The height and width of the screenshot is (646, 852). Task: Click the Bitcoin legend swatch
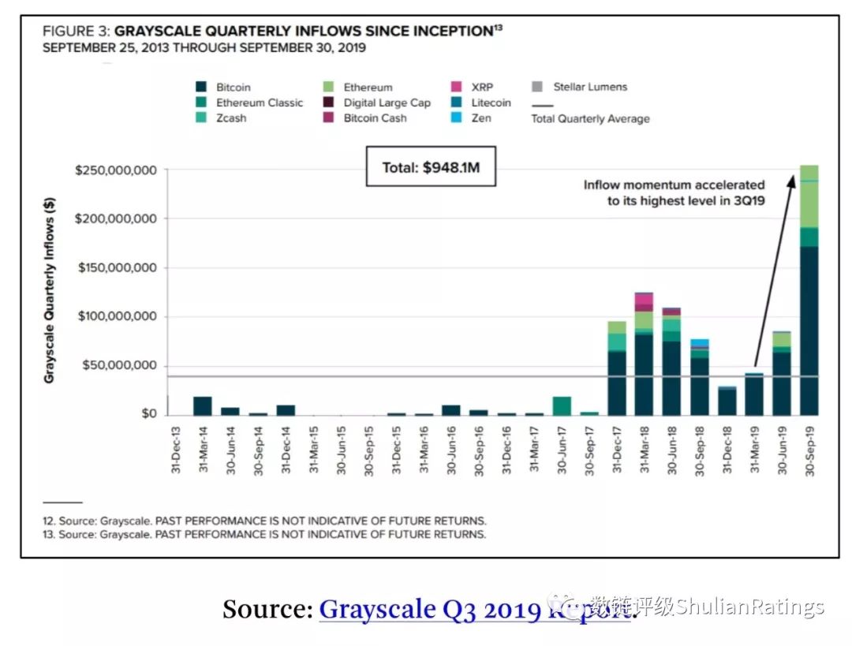201,87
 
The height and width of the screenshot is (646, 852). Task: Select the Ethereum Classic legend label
260,103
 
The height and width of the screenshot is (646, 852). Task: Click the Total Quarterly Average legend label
590,119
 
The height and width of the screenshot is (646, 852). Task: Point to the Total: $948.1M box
431,166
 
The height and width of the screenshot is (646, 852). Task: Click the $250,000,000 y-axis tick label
116,170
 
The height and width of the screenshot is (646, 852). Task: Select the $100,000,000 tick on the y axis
117,316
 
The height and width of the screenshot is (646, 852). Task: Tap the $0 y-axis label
149,414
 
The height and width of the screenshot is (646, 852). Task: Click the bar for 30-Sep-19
809,290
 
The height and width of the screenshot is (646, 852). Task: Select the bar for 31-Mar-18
644,354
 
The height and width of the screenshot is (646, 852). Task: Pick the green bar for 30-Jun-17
562,406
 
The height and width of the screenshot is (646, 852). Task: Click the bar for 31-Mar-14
203,406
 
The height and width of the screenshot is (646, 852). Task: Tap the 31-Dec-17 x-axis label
617,450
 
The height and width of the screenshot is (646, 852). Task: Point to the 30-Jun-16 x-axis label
451,450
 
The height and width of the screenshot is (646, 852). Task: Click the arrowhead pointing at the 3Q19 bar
792,181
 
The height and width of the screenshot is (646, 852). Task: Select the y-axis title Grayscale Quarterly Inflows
50,290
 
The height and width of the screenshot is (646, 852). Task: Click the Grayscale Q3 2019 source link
475,610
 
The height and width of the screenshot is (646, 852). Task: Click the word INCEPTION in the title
452,32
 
